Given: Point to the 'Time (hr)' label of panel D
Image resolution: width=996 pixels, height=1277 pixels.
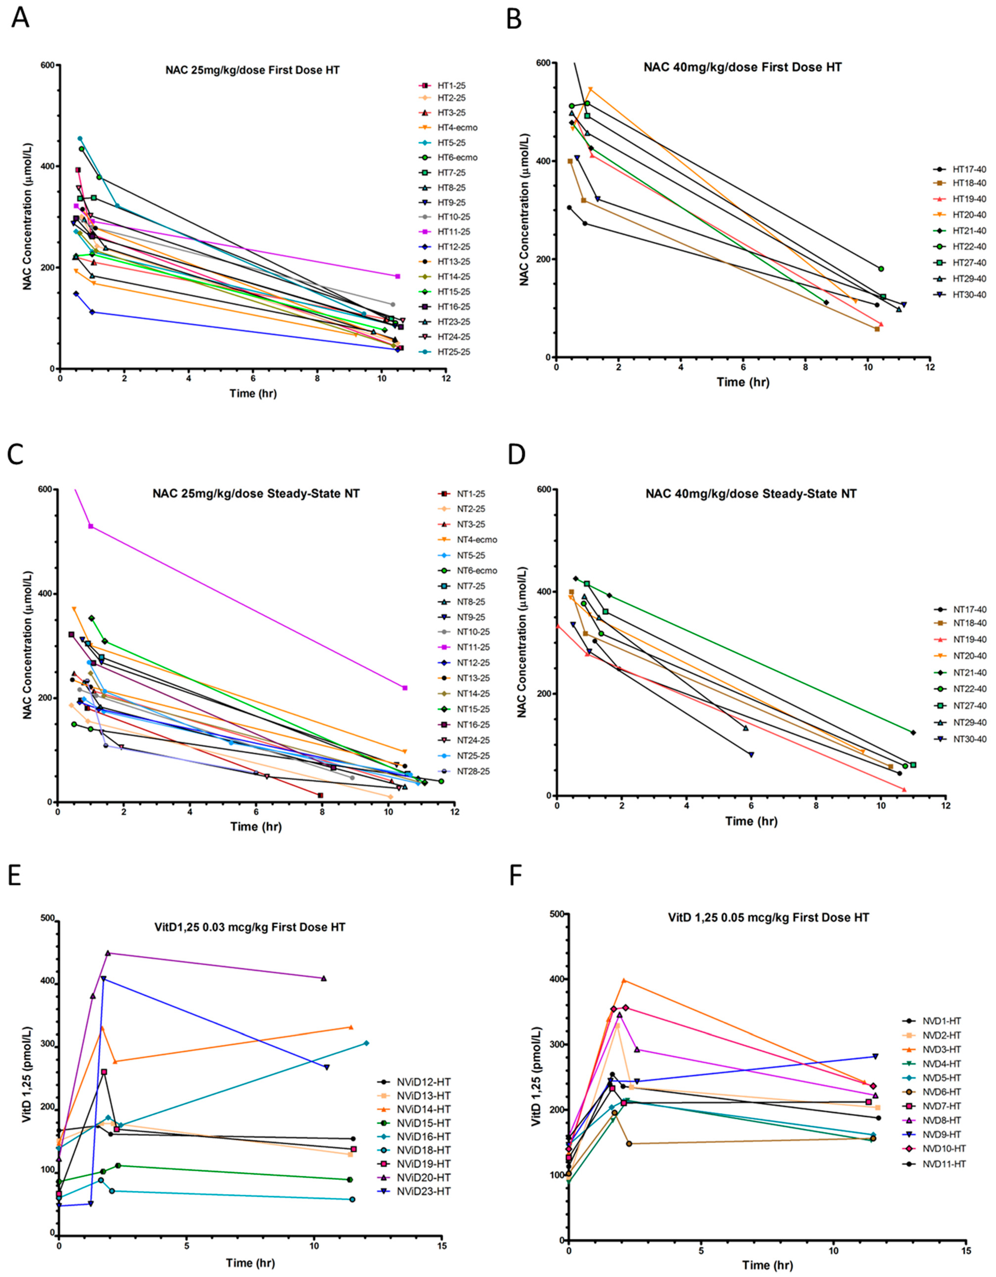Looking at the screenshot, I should click(x=751, y=821).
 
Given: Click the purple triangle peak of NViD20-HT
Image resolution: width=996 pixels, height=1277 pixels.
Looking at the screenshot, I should click(x=108, y=953).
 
